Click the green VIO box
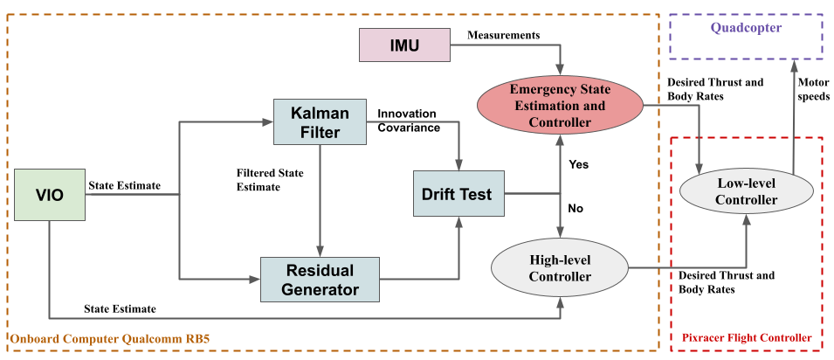coord(50,195)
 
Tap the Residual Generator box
coord(320,279)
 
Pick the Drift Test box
coord(457,194)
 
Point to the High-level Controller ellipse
coord(560,267)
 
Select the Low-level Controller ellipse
coord(746,190)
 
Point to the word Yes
coord(579,163)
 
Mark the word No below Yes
coord(576,208)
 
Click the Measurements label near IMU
coord(503,35)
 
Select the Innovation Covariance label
coord(409,121)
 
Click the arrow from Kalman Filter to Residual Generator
coord(321,201)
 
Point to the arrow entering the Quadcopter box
coord(793,66)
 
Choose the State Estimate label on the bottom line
coord(121,308)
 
